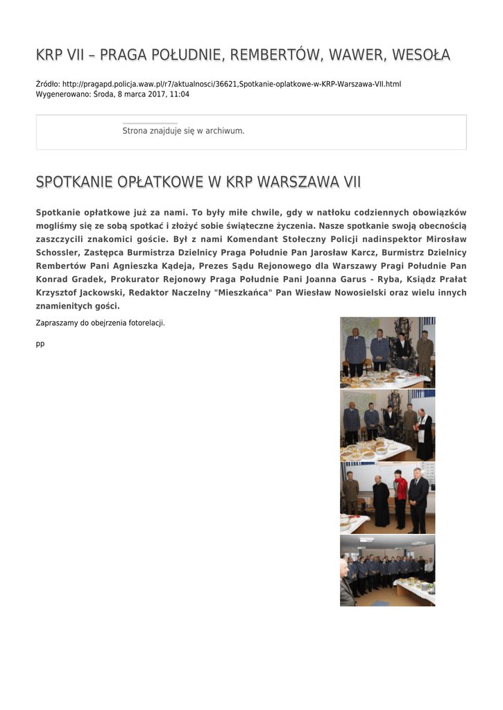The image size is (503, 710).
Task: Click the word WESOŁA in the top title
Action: point(420,54)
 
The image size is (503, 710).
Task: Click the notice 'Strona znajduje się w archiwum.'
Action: point(183,130)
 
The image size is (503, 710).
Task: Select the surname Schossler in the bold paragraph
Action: point(57,252)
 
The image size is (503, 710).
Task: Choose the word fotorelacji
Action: point(146,322)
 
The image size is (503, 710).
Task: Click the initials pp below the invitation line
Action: point(40,343)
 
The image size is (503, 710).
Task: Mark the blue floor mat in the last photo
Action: point(380,603)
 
